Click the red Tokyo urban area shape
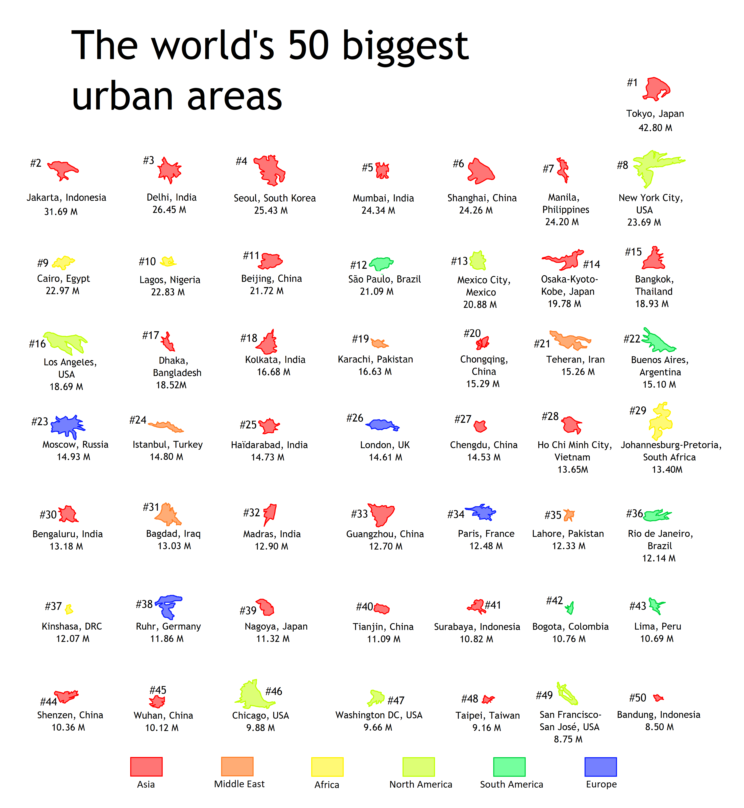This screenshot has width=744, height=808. click(656, 89)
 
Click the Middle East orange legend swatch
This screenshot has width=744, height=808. click(237, 766)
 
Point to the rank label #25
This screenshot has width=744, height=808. click(248, 425)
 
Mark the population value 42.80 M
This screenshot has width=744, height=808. click(655, 128)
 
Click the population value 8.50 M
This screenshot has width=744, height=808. click(659, 727)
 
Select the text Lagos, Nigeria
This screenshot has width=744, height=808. click(170, 280)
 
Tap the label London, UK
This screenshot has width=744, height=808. click(384, 445)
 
